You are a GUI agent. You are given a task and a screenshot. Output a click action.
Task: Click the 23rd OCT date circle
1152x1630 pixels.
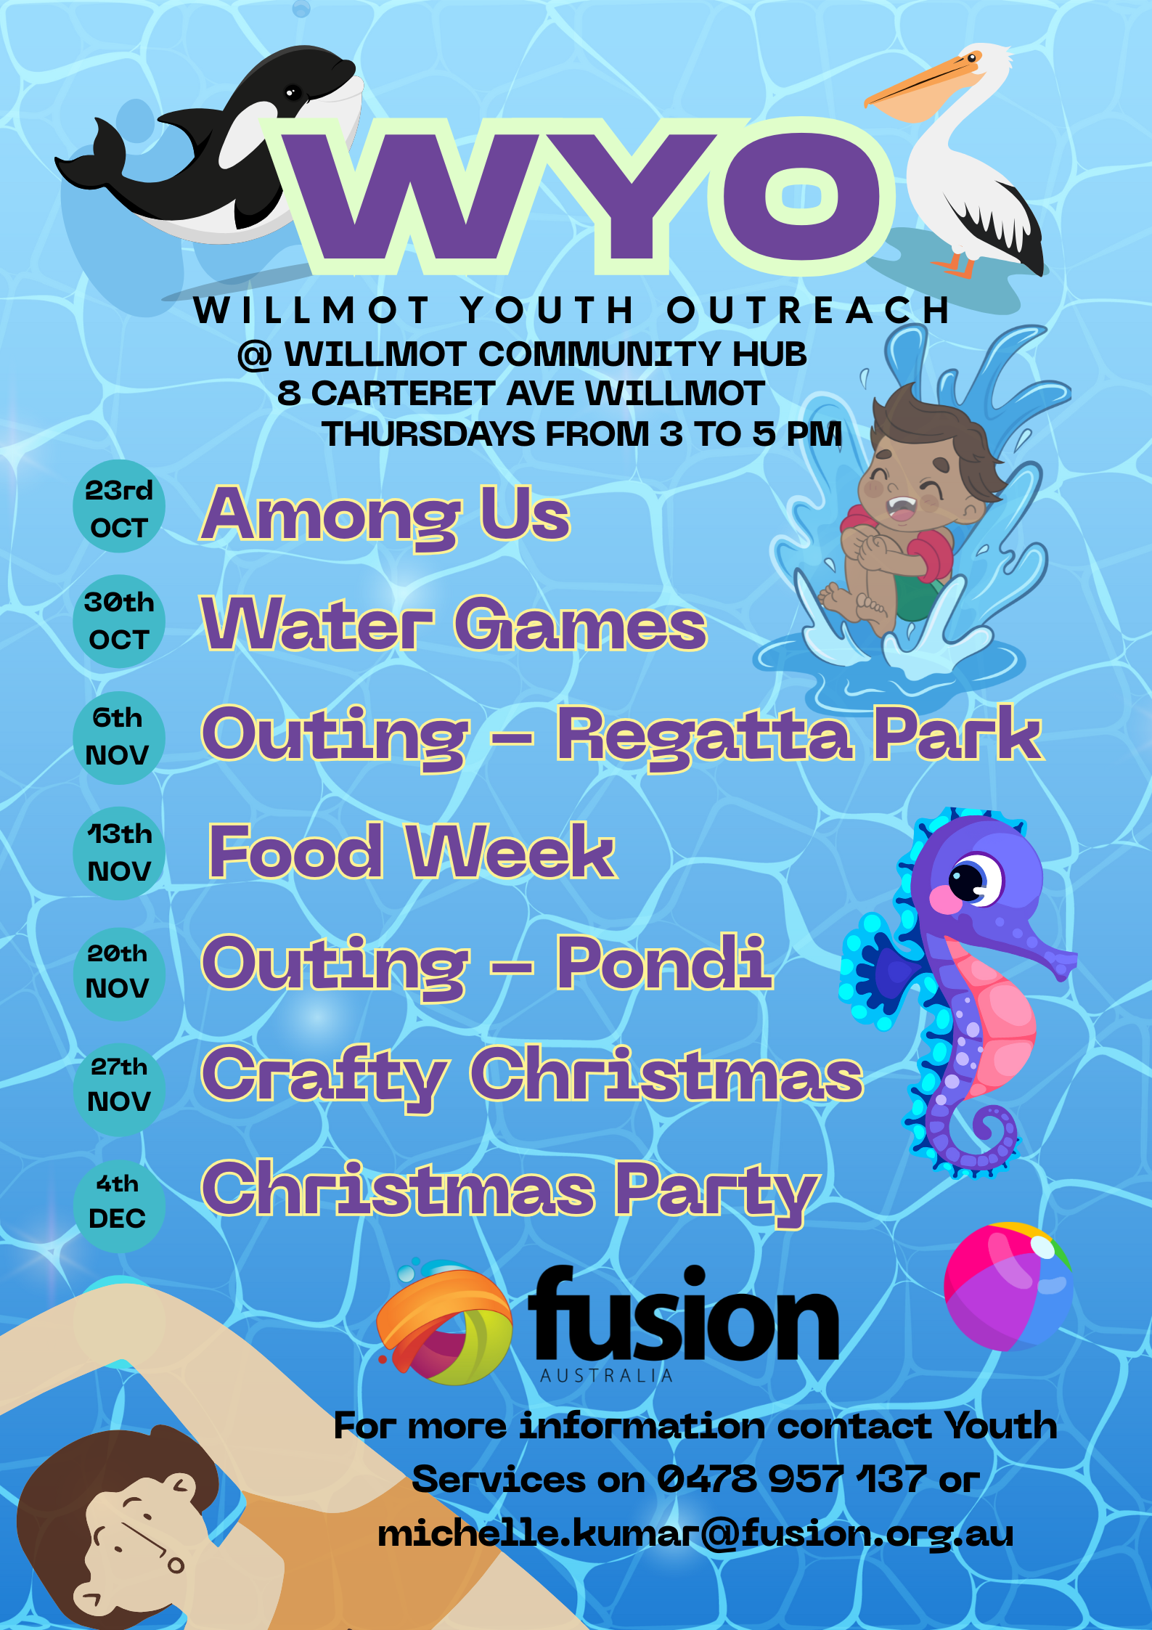(119, 506)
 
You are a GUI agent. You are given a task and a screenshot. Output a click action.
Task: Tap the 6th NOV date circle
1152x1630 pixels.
(119, 738)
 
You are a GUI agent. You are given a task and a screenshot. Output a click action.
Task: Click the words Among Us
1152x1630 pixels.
(385, 516)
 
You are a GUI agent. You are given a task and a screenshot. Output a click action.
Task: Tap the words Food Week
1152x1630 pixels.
(412, 851)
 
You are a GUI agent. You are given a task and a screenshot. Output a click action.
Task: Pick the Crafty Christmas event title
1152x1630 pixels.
(532, 1077)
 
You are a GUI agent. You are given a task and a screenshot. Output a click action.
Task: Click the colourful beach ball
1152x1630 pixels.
(1009, 1287)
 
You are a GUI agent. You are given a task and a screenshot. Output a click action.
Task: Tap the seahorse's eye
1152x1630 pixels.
(973, 880)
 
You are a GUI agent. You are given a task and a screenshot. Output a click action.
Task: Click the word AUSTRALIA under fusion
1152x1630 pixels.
(607, 1375)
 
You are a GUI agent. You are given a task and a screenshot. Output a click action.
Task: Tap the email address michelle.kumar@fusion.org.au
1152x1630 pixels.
(695, 1534)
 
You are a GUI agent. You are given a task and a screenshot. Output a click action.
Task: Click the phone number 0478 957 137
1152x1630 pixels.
(792, 1479)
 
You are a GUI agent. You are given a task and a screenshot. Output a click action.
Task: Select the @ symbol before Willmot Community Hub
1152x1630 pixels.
(255, 356)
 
